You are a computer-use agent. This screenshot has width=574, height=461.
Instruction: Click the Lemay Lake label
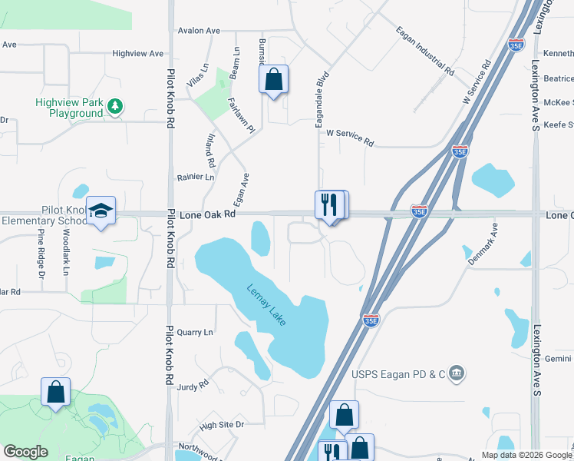pyautogui.click(x=267, y=305)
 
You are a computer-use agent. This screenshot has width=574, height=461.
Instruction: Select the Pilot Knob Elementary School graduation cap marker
pyautogui.click(x=100, y=211)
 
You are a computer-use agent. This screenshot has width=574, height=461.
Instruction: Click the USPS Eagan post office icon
pyautogui.click(x=457, y=374)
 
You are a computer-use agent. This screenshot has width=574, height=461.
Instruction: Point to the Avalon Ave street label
pyautogui.click(x=199, y=31)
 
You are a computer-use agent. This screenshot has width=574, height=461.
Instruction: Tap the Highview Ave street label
pyautogui.click(x=138, y=54)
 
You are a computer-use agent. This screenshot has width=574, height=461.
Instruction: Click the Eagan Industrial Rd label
pyautogui.click(x=425, y=51)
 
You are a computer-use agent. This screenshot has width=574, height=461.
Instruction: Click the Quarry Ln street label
pyautogui.click(x=194, y=333)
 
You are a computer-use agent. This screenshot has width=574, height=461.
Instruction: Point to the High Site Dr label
pyautogui.click(x=221, y=424)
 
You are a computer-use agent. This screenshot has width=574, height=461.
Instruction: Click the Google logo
pyautogui.click(x=25, y=452)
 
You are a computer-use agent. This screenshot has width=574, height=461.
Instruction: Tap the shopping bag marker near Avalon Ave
pyautogui.click(x=274, y=79)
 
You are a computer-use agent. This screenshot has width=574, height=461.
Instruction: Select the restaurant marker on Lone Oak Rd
pyautogui.click(x=329, y=205)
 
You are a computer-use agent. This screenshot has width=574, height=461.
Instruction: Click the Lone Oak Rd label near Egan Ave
pyautogui.click(x=207, y=216)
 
